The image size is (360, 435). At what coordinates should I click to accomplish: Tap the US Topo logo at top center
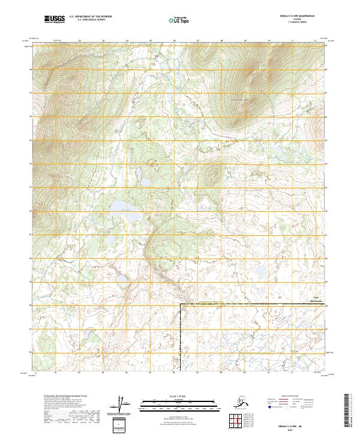point(180,19)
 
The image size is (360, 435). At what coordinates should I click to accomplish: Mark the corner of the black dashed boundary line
point(180,305)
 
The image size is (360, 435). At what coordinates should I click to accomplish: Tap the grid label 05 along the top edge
point(151,41)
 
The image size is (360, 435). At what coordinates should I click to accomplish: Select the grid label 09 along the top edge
point(245,41)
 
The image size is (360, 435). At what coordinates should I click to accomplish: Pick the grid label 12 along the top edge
point(315,41)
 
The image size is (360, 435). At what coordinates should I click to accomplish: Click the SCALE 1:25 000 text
point(180,395)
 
